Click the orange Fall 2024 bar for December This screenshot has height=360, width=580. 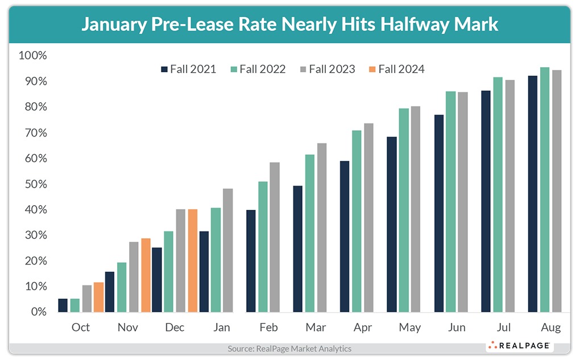[193, 260]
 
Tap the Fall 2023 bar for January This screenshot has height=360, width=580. [227, 250]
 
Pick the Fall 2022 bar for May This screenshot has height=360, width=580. [404, 210]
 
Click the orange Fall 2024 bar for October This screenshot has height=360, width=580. [99, 297]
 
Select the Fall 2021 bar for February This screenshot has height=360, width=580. [251, 261]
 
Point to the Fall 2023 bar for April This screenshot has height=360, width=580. [368, 218]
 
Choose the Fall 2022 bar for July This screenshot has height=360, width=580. [498, 195]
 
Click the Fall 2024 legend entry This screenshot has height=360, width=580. [396, 69]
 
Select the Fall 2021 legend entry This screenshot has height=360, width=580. [188, 69]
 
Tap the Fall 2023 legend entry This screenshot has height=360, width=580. [326, 69]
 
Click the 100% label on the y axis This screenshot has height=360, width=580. [33, 56]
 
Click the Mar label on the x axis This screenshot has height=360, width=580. [316, 328]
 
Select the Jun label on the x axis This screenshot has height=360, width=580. [456, 328]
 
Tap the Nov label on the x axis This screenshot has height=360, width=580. [128, 328]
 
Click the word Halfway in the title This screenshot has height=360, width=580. [401, 24]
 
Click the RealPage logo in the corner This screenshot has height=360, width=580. [518, 345]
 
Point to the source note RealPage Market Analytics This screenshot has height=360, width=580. [289, 349]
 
